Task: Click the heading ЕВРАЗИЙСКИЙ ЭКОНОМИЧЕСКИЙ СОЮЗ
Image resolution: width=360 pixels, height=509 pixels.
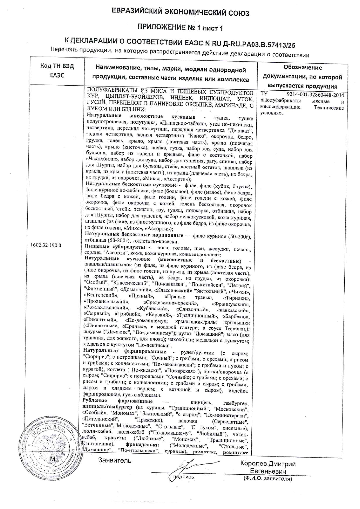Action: coord(180,13)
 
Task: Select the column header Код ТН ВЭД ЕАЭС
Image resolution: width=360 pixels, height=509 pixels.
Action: coord(57,71)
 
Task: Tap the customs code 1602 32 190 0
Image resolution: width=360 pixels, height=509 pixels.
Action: coord(46,245)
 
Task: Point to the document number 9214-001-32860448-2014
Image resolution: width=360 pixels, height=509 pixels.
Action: coord(315,95)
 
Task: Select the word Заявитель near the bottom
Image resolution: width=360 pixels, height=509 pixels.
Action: coord(114,460)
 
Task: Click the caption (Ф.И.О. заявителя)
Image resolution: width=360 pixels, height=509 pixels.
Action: coord(268,479)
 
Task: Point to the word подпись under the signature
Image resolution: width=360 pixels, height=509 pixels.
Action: coord(183,476)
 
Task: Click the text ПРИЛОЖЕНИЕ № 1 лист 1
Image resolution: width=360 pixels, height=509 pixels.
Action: coord(180,28)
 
